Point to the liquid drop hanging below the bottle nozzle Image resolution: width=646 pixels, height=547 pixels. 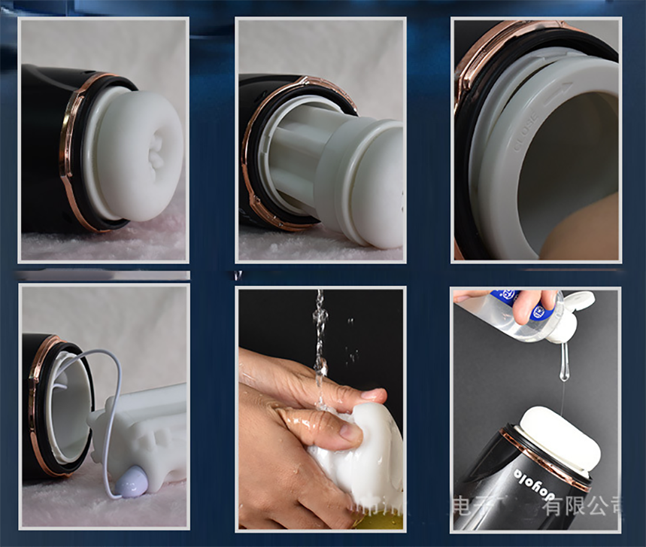[x=563, y=369]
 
